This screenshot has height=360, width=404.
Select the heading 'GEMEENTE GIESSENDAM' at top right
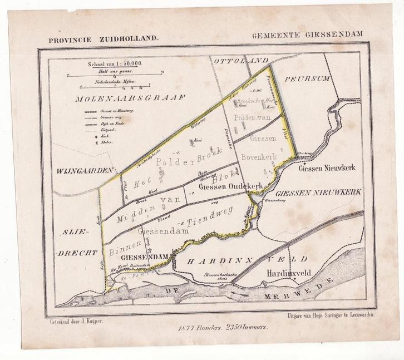tap(307, 34)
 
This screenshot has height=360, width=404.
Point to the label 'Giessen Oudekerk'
tap(230, 186)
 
